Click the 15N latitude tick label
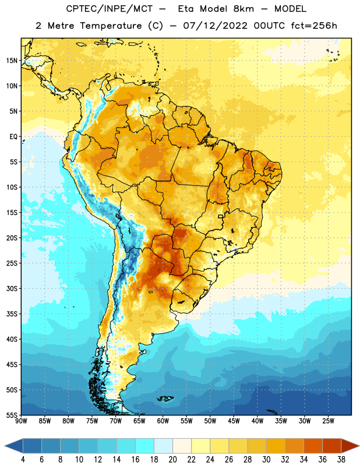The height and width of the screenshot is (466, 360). pos(12,61)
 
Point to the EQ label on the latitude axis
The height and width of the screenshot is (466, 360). pos(13,137)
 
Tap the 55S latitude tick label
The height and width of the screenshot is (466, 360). pos(12,415)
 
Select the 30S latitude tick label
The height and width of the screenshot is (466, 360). pos(12,288)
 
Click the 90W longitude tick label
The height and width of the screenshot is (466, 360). pos(21,421)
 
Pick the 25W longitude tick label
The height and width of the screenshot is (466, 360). pos(328,421)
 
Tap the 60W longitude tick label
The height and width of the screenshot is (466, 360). pos(163,421)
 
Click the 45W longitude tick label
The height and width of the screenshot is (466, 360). pos(234,421)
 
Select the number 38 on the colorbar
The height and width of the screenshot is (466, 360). pos(341,460)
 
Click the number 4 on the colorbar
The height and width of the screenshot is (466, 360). pos(23,460)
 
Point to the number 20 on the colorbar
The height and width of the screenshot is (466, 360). pos(172,460)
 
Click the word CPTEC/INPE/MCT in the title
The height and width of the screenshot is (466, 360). pos(109,9)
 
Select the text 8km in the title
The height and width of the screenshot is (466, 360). pos(243,9)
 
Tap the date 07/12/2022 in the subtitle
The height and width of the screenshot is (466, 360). pos(215,26)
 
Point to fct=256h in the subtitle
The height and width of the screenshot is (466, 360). pos(314,26)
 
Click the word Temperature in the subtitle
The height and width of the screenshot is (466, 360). pos(111,26)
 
